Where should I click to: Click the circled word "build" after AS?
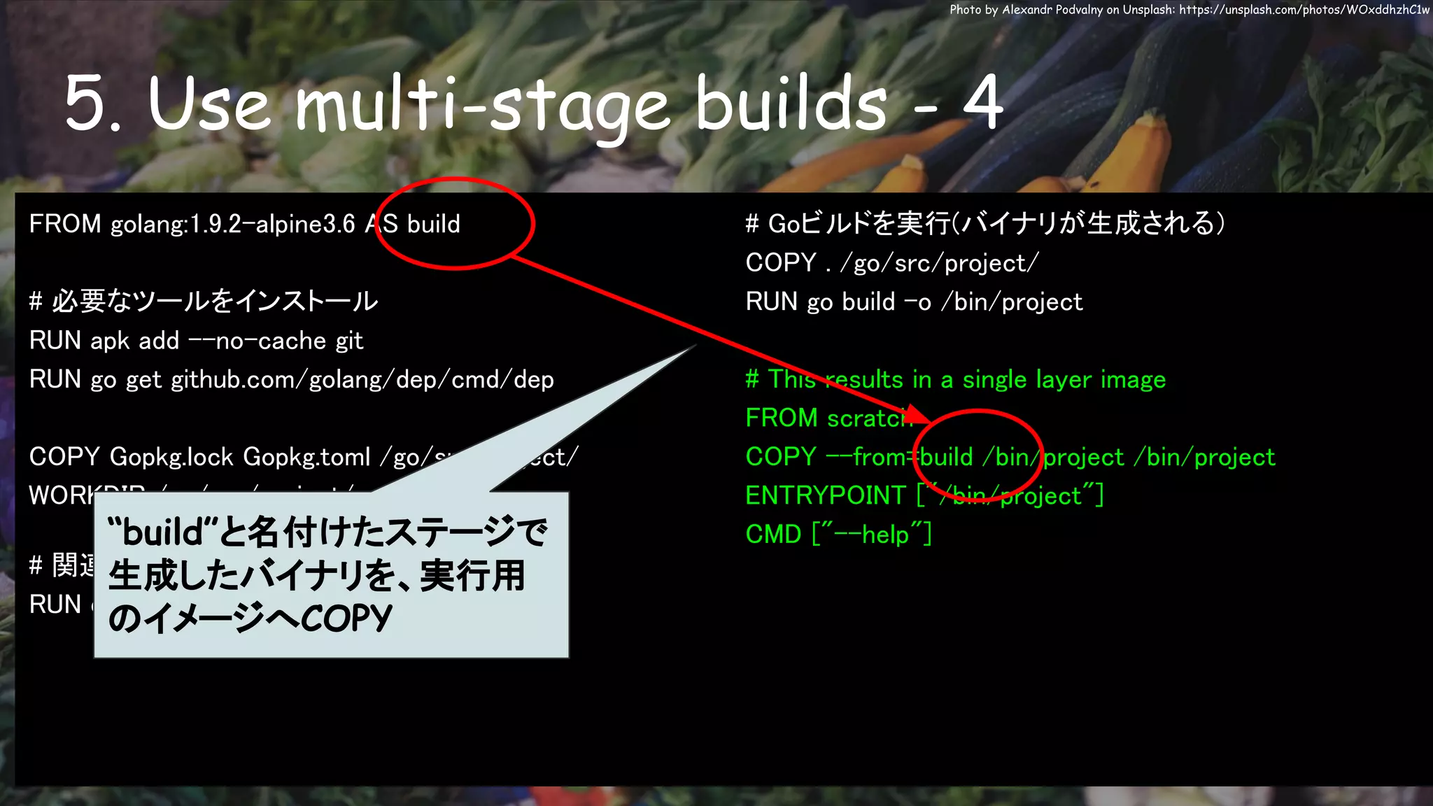pos(434,225)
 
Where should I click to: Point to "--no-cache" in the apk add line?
pos(257,341)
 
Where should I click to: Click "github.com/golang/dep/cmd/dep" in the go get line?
pos(362,380)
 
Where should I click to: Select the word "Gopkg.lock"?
pos(171,457)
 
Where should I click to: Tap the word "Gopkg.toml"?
pos(306,457)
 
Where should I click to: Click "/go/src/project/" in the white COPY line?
pos(940,263)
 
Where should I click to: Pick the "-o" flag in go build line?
pos(917,302)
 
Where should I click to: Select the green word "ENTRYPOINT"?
pos(826,495)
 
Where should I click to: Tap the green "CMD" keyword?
pos(773,535)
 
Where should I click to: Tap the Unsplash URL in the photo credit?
pos(1304,10)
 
